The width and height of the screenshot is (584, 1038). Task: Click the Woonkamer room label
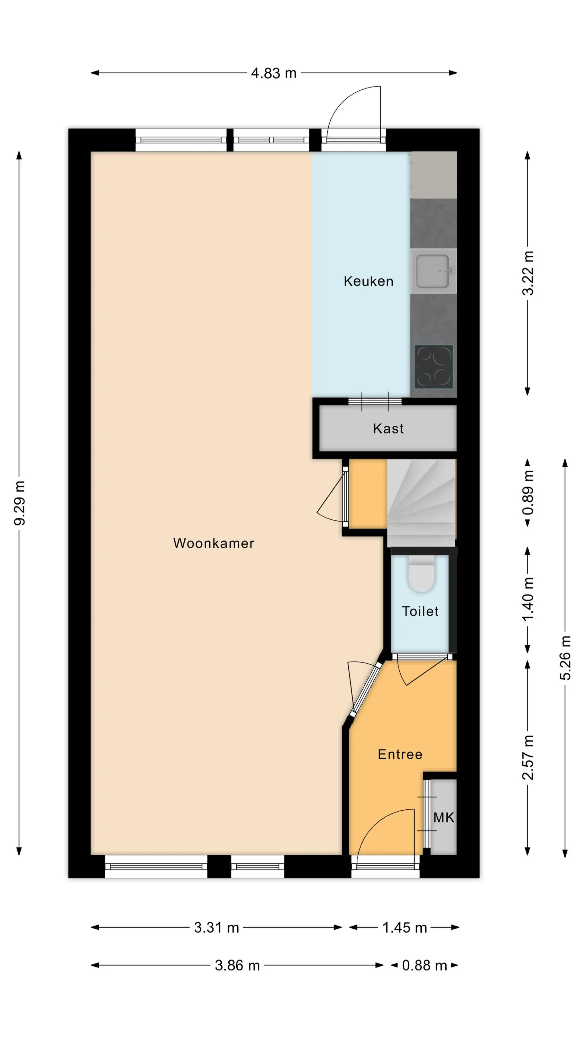pos(213,543)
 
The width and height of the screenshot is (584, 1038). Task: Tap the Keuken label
pos(368,281)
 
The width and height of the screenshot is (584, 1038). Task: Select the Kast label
pos(388,428)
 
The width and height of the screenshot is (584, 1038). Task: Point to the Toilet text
pos(420,611)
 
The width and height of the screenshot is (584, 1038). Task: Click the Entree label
pos(400,754)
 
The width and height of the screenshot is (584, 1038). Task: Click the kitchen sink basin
pos(432,271)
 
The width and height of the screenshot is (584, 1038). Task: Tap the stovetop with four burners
pos(434,366)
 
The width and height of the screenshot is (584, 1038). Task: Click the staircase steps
pos(421,503)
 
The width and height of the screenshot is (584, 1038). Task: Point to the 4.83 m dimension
pos(274,73)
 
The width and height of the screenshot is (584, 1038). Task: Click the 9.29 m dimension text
pos(19,503)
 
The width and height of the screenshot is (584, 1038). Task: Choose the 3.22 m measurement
pos(528,273)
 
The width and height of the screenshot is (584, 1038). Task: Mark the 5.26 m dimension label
pos(565,658)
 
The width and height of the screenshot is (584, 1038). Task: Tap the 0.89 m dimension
pos(528,492)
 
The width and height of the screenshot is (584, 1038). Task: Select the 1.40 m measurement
pos(528,599)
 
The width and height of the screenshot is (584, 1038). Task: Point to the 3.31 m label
pos(217,927)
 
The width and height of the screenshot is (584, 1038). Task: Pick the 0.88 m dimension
pos(425,965)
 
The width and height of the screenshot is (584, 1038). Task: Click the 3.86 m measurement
pos(237,965)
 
